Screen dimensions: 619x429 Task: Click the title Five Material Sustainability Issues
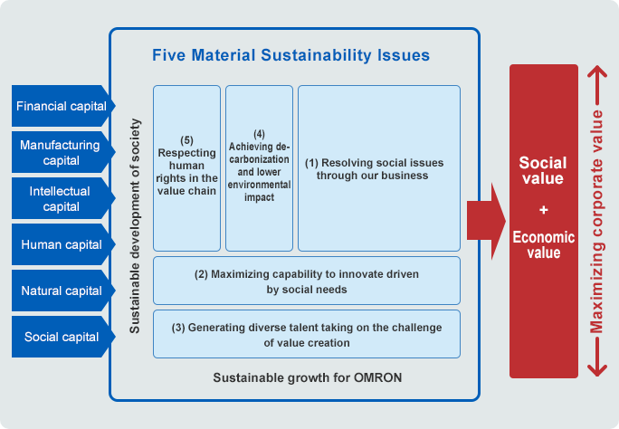coord(290,55)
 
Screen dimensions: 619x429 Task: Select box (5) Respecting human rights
coord(186,168)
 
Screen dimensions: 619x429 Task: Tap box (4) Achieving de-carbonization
coord(259,168)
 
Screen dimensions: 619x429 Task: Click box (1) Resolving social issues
coord(379,168)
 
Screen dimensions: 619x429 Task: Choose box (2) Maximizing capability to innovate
coord(307,281)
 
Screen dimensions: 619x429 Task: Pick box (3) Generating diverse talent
coord(307,334)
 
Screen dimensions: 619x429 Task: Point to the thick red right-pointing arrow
coord(486,221)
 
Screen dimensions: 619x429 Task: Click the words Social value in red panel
coord(543,170)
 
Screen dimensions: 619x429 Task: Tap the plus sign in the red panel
coord(544,210)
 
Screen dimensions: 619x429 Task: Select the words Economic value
coord(544,244)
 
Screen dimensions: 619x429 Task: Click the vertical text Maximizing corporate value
coord(596,222)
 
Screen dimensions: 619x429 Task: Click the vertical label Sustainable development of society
coord(135,225)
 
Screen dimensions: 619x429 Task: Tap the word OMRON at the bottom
coord(377,377)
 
